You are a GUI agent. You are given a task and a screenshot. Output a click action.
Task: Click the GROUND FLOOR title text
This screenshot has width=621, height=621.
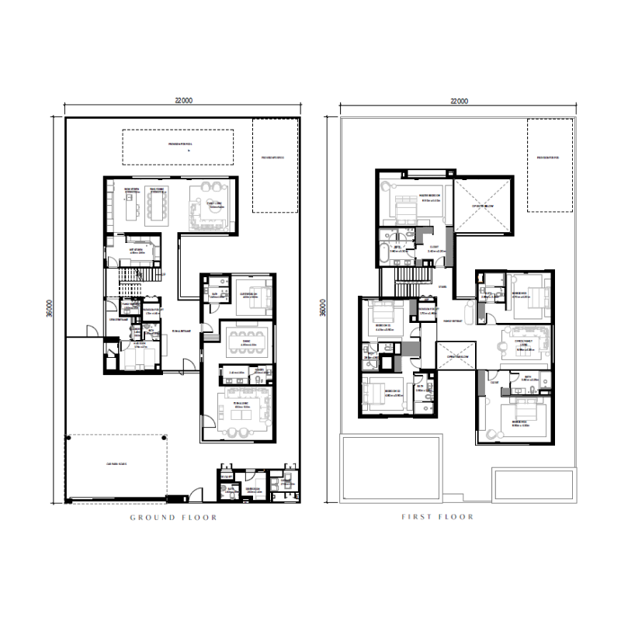[173, 517]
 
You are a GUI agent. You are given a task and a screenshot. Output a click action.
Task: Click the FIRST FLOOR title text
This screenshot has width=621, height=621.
[437, 517]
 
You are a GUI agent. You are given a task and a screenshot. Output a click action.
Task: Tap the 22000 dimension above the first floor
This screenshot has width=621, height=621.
[460, 101]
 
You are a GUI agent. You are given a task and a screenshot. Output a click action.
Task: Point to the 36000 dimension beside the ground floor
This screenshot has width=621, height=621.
[49, 310]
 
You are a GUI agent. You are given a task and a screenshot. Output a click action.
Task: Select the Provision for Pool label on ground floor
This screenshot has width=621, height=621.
[179, 144]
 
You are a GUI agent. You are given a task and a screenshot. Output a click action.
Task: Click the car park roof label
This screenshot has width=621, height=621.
[116, 464]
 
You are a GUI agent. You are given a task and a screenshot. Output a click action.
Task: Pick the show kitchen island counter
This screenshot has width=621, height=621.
[130, 206]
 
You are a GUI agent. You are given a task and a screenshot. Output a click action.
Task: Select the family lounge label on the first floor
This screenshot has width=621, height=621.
[529, 342]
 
